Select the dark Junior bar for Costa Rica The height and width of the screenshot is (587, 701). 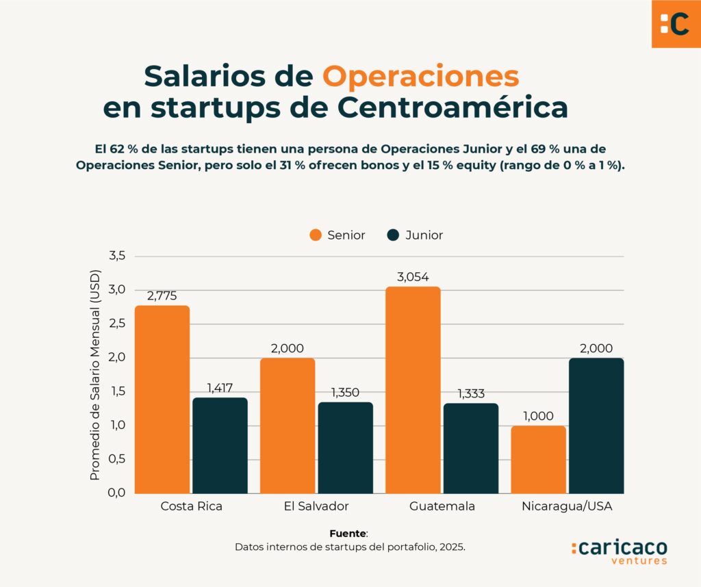point(220,445)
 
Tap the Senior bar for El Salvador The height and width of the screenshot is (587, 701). point(288,426)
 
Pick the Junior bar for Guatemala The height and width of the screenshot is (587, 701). point(471,448)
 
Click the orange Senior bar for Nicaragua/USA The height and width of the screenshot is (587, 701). point(539,459)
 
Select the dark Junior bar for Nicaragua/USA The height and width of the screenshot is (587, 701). point(596,426)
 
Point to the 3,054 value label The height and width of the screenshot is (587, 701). point(413,277)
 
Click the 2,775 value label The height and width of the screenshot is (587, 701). point(162,296)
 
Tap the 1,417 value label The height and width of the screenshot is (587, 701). point(220,388)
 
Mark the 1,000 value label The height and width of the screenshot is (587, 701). point(538,416)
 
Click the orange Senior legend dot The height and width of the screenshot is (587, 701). point(316,235)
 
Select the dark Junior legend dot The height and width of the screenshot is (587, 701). point(393,235)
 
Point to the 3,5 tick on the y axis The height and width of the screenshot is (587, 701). point(117,256)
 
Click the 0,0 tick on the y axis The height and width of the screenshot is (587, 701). point(117,493)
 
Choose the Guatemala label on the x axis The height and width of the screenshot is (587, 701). point(442,507)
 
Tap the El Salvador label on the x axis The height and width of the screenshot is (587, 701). point(316,507)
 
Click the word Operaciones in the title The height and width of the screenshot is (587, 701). point(420,76)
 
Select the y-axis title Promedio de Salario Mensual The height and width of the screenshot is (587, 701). point(95,375)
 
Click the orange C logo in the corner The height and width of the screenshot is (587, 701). point(676,24)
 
